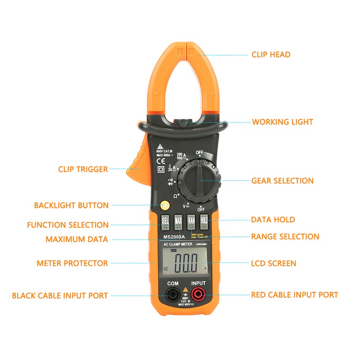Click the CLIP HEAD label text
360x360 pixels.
pos(271,54)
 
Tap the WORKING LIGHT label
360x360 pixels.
pos(282,122)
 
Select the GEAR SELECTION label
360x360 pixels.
pos(282,181)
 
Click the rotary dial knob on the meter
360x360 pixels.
pos(198,180)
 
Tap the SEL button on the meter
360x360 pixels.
pos(165,220)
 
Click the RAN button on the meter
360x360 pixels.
pos(191,220)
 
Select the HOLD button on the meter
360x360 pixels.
pos(204,220)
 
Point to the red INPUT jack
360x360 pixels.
pos(198,295)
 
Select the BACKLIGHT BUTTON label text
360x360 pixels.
pos(71,206)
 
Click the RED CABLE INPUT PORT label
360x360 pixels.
pos(294,295)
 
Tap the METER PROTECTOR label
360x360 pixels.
pos(72,263)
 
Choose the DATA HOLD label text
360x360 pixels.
pos(273,220)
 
